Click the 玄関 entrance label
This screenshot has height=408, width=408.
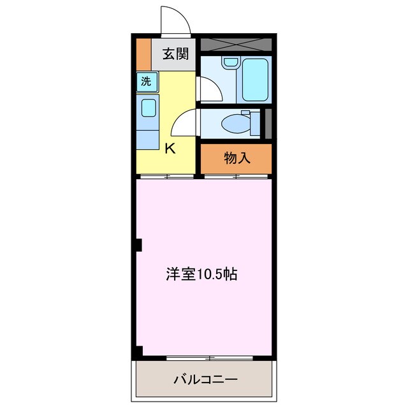(175, 54)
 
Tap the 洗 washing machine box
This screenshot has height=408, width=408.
(147, 82)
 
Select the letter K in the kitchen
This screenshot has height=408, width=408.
(170, 149)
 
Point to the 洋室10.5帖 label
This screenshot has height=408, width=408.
(202, 274)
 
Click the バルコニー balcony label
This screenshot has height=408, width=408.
(205, 379)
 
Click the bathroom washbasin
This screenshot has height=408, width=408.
(229, 62)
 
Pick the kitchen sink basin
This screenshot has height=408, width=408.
(149, 107)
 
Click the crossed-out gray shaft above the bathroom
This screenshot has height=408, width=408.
(236, 45)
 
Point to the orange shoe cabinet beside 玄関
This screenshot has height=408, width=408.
(143, 54)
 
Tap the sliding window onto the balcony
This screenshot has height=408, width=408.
(210, 358)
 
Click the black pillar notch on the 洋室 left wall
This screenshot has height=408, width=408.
(138, 244)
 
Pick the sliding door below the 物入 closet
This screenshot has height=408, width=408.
(237, 177)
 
